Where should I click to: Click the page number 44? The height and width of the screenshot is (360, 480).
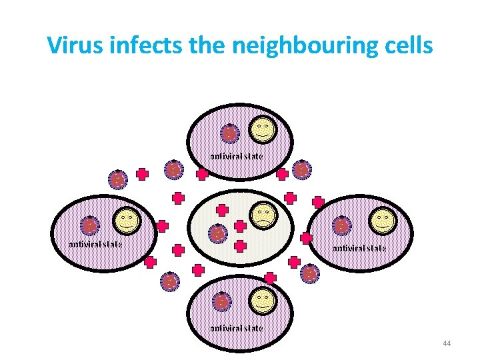pos(447,343)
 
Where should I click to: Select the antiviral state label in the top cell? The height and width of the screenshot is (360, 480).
pos(237,156)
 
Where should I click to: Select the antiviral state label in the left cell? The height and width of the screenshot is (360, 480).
pos(96,244)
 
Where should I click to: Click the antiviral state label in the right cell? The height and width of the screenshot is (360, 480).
pos(359,249)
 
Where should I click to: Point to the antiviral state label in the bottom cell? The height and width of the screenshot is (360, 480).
pos(237,328)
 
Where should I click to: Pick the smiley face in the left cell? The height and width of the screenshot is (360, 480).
pos(126,221)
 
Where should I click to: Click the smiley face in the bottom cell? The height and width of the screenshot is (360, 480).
pos(262,301)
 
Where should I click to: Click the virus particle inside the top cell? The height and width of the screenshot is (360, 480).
pos(229,134)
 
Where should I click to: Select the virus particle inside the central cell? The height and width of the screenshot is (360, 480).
pos(217,234)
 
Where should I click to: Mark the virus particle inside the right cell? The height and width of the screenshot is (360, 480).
pos(341,225)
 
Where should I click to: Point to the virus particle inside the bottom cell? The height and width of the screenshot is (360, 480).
pos(221,302)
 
